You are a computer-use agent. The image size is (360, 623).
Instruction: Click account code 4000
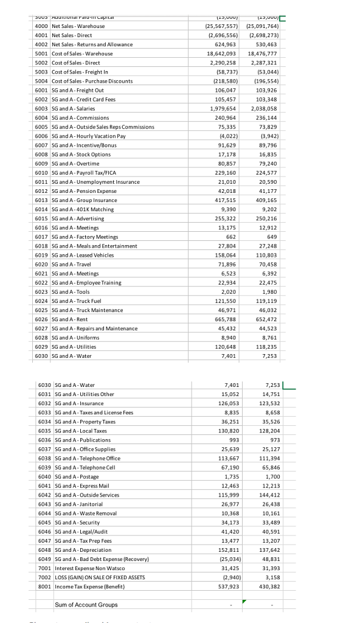[41, 26]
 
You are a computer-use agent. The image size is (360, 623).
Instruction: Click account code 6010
[41, 172]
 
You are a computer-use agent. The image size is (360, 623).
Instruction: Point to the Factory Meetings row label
[81, 237]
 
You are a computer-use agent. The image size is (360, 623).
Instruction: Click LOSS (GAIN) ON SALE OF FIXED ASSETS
[100, 577]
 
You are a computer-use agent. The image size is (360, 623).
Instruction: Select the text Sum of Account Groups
[86, 605]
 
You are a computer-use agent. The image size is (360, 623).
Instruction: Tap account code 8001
[44, 586]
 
